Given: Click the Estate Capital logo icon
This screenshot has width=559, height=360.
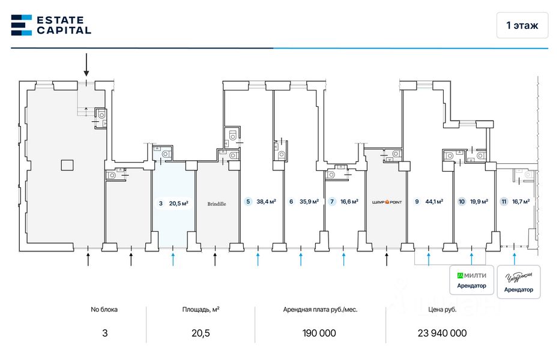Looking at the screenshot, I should pos(21,25).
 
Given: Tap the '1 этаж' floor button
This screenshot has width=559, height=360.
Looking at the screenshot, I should pos(522,25).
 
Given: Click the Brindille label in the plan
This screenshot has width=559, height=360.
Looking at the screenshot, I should pos(217,203).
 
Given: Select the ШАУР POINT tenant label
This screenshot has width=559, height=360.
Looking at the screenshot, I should pos(386,202).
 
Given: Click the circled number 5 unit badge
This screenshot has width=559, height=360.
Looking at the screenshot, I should pos(248,202).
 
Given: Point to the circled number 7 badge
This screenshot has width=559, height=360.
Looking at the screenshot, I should pos(332,202).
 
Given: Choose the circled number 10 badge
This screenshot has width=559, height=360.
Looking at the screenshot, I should pos(462,202).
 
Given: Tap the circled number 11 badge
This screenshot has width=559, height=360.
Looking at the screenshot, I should pos(503,202).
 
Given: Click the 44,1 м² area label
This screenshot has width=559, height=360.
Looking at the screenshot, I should pos(434,202).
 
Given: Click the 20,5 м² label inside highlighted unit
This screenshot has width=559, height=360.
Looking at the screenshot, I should pos(178,203).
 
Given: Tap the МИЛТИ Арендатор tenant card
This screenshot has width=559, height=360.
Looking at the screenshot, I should pos(472,280).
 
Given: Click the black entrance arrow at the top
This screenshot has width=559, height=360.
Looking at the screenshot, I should pos(86,65).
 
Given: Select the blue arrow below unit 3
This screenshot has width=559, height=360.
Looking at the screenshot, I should pos(173,259).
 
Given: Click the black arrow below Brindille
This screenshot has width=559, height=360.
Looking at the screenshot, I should pos(216,259).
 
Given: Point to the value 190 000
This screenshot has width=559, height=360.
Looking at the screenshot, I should pos(316,333).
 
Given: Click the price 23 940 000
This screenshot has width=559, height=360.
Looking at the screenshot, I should pos(441,333).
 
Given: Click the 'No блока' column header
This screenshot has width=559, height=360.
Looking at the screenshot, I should pos(104,310).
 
